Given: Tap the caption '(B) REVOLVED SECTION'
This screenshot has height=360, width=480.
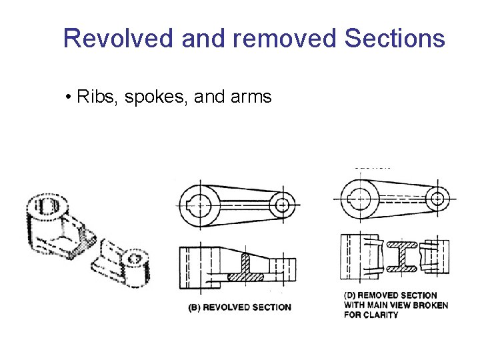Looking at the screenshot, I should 240,307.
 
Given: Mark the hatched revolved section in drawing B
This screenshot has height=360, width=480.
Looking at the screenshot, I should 245,269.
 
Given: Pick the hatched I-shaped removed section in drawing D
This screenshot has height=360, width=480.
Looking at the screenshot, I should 405,256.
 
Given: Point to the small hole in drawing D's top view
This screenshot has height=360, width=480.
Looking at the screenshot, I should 437,198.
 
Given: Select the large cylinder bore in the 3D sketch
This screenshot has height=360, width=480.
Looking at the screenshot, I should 46,205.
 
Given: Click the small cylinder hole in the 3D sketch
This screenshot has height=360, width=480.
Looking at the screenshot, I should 135,257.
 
